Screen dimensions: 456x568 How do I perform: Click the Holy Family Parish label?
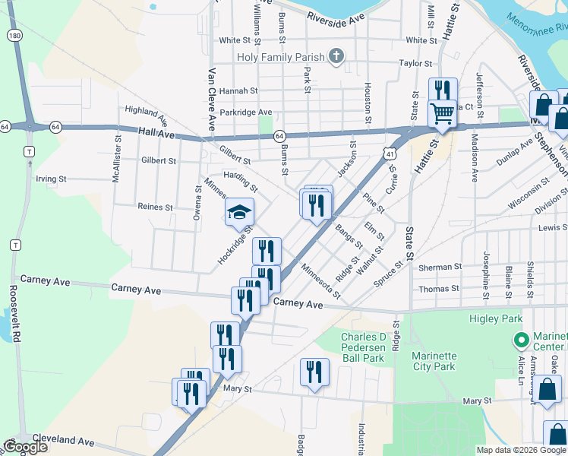pos(279,56)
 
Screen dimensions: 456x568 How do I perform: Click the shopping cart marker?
pos(442,114)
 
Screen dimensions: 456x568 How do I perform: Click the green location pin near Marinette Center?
pos(521,340)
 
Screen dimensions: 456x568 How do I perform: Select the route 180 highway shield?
pos(14,35)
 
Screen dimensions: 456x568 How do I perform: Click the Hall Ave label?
pos(156,133)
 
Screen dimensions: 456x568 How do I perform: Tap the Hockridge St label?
pos(234,244)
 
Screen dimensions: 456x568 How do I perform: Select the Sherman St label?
pos(440,268)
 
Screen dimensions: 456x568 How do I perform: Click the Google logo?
pos(25,447)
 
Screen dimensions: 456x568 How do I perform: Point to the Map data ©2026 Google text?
pos(520,450)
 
